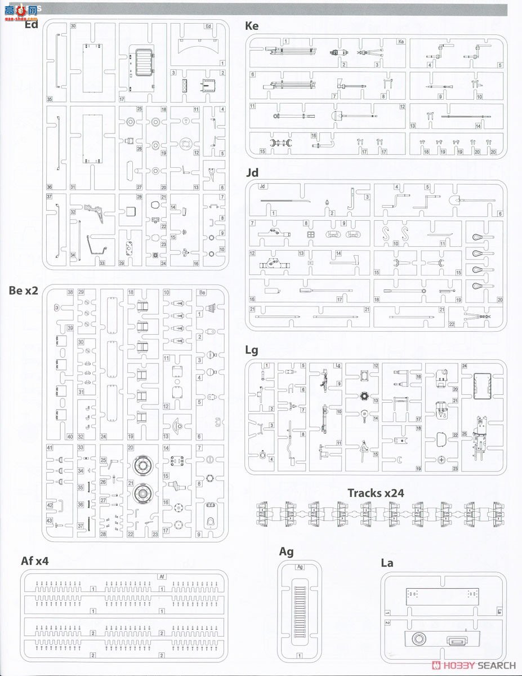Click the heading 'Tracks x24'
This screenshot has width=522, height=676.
click(376, 493)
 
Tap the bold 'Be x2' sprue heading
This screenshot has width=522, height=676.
click(24, 291)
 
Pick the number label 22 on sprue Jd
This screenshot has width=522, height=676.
click(452, 323)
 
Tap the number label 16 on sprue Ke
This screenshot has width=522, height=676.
click(314, 136)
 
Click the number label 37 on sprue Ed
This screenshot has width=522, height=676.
click(49, 197)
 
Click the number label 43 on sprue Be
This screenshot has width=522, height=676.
click(50, 520)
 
